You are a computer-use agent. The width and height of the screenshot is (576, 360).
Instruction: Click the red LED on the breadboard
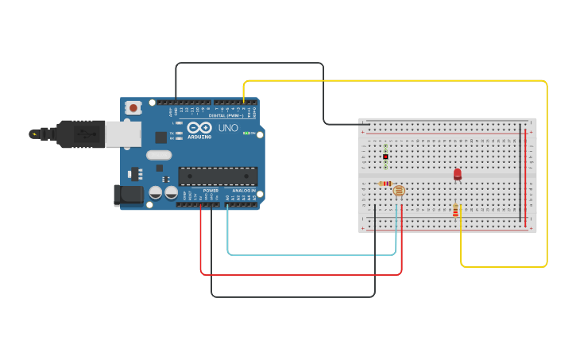pyautogui.click(x=457, y=174)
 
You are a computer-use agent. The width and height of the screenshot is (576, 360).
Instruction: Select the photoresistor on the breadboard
pyautogui.click(x=399, y=191)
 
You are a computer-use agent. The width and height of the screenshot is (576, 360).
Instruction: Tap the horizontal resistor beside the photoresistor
pyautogui.click(x=385, y=184)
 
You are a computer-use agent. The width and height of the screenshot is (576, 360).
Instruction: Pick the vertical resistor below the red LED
pyautogui.click(x=455, y=210)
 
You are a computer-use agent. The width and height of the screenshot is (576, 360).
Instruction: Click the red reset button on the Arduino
pyautogui.click(x=133, y=107)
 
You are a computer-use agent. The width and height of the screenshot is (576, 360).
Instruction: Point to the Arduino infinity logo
pyautogui.click(x=199, y=128)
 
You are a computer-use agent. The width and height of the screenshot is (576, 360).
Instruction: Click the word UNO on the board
pyautogui.click(x=228, y=128)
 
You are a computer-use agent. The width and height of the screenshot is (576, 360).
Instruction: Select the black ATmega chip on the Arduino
pyautogui.click(x=217, y=176)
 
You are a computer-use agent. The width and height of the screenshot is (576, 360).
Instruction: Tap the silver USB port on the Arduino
pyautogui.click(x=123, y=134)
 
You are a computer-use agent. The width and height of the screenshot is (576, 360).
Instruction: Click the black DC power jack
pyautogui.click(x=127, y=195)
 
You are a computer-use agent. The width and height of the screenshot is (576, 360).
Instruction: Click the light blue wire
pyautogui.click(x=310, y=255)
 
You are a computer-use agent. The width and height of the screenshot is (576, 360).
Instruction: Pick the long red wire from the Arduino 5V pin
pyautogui.click(x=302, y=275)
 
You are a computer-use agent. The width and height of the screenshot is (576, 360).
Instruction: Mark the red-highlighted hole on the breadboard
pyautogui.click(x=385, y=157)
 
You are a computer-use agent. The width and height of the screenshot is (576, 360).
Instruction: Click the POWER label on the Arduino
pyautogui.click(x=211, y=191)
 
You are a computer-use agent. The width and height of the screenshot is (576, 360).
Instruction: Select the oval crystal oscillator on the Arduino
pyautogui.click(x=158, y=155)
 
